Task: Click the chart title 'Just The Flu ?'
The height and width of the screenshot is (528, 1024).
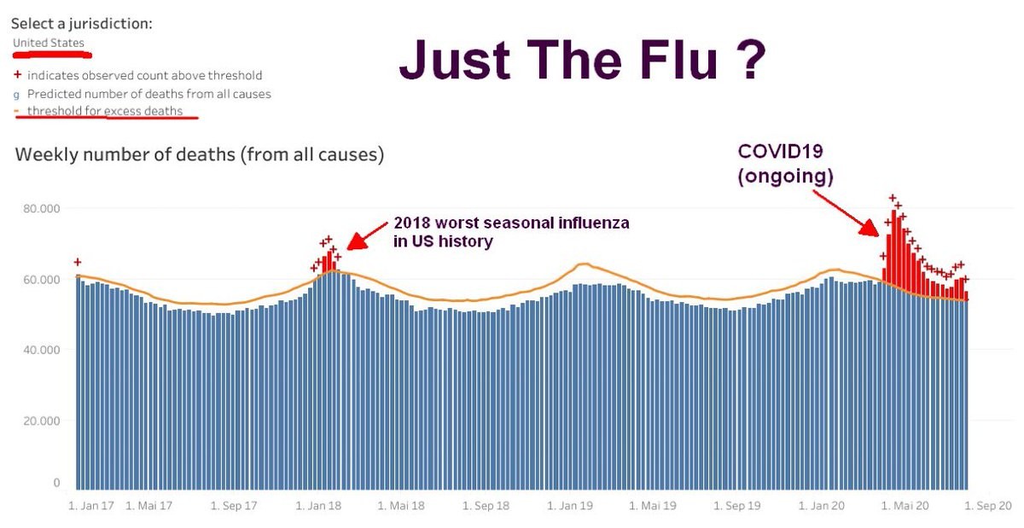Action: (582, 62)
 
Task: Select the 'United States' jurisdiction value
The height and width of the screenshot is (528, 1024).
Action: (48, 43)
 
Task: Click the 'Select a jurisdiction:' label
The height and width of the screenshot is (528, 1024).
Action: (82, 24)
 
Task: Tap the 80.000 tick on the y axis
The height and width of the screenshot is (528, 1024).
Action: (42, 208)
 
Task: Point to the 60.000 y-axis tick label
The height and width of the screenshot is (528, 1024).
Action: (42, 279)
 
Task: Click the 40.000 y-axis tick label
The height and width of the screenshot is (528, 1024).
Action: (42, 350)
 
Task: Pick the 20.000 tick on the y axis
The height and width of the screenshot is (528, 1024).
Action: (42, 421)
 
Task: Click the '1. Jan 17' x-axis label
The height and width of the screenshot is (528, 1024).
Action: (90, 506)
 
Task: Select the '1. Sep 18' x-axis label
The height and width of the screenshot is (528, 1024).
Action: (486, 506)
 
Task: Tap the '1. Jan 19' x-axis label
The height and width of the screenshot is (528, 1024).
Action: (570, 506)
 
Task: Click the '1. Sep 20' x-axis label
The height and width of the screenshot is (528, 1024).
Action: (988, 506)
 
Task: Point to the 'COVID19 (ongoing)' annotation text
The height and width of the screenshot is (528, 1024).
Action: (785, 164)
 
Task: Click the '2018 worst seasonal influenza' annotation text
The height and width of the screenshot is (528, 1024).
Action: (511, 223)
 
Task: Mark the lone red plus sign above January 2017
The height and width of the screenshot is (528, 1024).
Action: (78, 262)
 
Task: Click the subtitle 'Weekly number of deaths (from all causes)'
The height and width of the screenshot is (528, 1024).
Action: (200, 155)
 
